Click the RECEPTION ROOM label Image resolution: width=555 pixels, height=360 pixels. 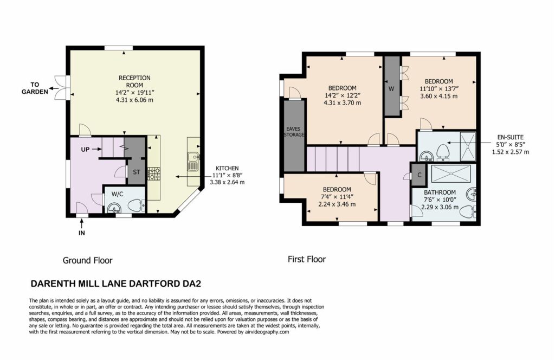[134, 81]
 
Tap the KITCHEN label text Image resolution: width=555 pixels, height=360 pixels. [227, 169]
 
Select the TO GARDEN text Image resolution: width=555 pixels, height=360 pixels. [35, 88]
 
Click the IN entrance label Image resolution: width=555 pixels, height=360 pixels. [82, 233]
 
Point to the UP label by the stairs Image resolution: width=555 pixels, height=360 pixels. [85, 150]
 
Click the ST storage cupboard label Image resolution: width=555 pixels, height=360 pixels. [136, 172]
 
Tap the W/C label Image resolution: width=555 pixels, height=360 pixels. [117, 194]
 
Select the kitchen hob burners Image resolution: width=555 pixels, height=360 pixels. [153, 173]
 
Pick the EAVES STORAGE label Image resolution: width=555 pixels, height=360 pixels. [294, 132]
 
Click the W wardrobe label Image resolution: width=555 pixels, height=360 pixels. [391, 89]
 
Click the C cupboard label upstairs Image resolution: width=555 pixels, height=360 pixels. [420, 175]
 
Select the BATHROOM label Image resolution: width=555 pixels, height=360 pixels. [440, 192]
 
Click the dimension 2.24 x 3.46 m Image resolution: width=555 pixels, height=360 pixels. [336, 204]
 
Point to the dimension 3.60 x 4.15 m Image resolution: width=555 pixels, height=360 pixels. [439, 96]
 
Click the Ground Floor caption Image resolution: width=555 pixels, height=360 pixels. [87, 261]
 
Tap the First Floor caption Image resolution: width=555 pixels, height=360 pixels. [307, 260]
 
